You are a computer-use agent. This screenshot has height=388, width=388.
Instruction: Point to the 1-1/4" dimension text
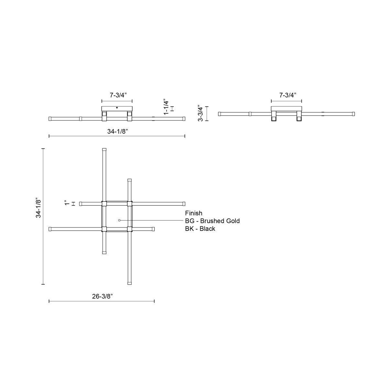click(x=166, y=107)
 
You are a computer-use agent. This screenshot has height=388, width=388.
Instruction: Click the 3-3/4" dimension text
click(x=201, y=113)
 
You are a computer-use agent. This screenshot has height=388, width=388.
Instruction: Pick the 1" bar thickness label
click(x=67, y=203)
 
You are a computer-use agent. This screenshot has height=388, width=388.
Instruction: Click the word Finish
click(x=194, y=213)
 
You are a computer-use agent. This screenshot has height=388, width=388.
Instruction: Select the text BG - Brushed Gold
click(x=212, y=221)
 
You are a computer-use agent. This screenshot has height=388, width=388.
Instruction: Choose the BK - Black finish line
click(x=200, y=229)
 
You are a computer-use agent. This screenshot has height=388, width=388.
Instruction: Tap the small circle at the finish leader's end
click(x=119, y=220)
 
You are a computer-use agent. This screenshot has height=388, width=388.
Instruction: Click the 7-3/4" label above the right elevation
click(x=288, y=95)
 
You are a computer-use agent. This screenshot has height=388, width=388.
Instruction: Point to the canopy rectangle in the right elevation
click(x=286, y=109)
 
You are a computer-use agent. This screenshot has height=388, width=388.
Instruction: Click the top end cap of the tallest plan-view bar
click(x=104, y=150)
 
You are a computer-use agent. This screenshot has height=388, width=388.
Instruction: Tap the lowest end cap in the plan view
click(x=130, y=283)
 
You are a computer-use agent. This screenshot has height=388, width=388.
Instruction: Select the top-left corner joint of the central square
click(x=104, y=204)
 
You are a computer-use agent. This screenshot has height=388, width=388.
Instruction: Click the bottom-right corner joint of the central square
click(x=130, y=229)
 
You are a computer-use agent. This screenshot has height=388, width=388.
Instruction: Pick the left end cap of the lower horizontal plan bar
click(x=50, y=229)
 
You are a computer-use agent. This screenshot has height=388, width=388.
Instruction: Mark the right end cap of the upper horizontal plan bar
click(x=184, y=204)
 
